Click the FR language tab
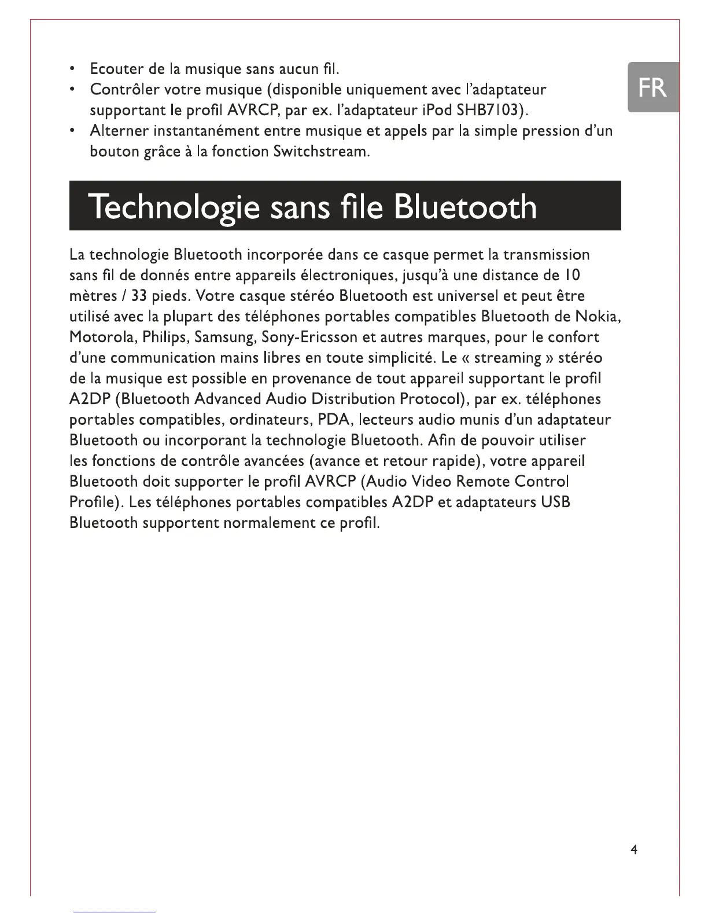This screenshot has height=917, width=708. pyautogui.click(x=652, y=87)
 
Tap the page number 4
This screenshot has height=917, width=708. pyautogui.click(x=634, y=850)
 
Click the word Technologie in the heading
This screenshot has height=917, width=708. pyautogui.click(x=174, y=207)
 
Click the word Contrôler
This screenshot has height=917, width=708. pyautogui.click(x=125, y=90)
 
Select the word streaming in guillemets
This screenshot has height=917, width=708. pyautogui.click(x=507, y=358)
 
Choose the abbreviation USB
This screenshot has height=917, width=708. pyautogui.click(x=556, y=502)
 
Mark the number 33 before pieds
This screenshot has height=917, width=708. pyautogui.click(x=138, y=296)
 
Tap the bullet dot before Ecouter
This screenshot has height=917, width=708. pyautogui.click(x=72, y=69)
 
